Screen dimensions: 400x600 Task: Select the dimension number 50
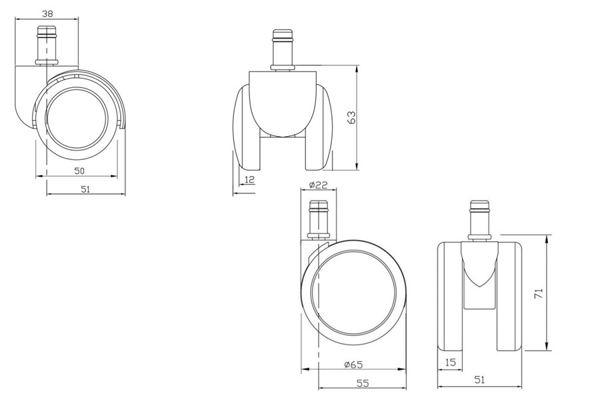(x=79, y=171)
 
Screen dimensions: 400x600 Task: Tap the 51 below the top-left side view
(x=86, y=189)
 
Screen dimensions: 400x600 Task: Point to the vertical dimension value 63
(x=351, y=117)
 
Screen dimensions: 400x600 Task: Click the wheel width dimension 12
(x=249, y=179)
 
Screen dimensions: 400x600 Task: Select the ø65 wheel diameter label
(x=353, y=364)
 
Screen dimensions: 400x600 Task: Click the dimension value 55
(x=362, y=383)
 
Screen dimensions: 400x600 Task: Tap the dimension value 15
(x=451, y=362)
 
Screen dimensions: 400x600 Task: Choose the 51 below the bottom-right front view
(x=479, y=380)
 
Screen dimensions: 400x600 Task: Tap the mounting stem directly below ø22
(x=319, y=219)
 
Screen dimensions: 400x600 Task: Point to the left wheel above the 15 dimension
(x=450, y=297)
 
